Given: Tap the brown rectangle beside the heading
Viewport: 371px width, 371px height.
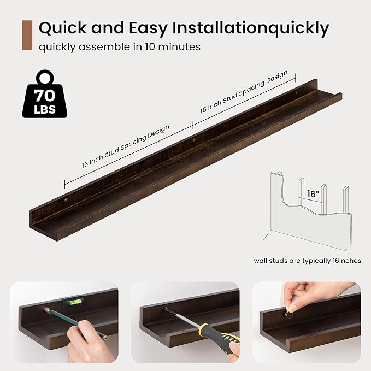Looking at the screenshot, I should tap(27, 36).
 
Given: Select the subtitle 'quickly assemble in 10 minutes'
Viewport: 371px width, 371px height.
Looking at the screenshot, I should tap(119, 46).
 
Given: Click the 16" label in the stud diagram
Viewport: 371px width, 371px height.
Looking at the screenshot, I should tap(312, 194).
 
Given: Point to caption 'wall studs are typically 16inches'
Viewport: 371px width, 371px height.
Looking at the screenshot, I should tap(307, 261).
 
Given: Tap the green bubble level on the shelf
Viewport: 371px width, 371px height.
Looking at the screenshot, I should tap(71, 301).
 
